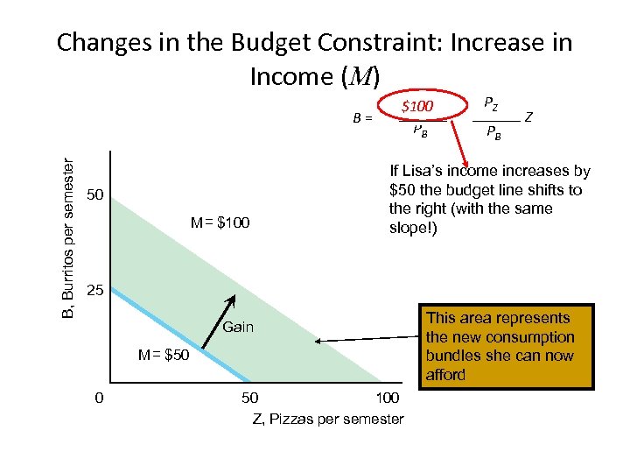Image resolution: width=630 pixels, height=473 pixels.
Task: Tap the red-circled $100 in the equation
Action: [x=417, y=108]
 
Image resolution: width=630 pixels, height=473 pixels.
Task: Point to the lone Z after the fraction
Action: [x=529, y=116]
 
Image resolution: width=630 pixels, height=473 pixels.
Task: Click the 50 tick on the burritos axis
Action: [x=97, y=194]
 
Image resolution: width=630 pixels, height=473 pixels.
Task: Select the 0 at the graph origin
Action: [x=100, y=398]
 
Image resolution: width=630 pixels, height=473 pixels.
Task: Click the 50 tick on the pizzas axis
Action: [x=248, y=399]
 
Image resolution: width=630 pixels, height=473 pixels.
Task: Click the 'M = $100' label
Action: [x=220, y=223]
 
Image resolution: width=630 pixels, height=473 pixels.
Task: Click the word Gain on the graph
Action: [x=238, y=328]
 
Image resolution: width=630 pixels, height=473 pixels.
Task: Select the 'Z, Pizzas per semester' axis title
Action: [x=328, y=419]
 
